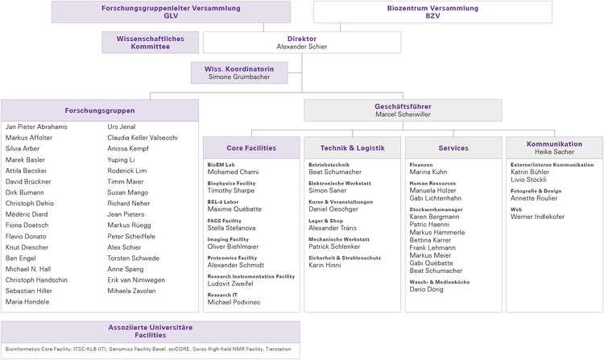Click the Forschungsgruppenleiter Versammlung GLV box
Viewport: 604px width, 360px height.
click(x=171, y=11)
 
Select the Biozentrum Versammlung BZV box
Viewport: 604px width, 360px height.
click(x=432, y=11)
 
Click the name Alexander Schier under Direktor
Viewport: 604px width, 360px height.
click(x=301, y=47)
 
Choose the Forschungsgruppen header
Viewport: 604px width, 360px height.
click(x=100, y=110)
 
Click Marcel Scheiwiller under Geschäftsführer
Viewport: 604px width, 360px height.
click(x=403, y=114)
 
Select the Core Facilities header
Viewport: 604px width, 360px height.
click(x=251, y=147)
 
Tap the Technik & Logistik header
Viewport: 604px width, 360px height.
click(x=352, y=147)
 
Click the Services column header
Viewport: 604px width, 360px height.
click(x=453, y=147)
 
